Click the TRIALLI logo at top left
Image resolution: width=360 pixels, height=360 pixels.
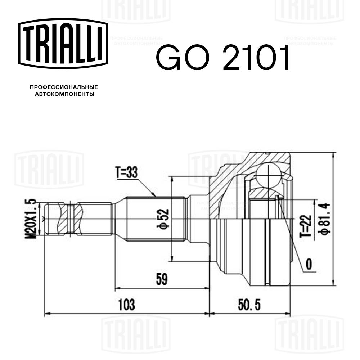[63, 44]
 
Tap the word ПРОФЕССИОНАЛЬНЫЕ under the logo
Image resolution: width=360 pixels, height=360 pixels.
[64, 87]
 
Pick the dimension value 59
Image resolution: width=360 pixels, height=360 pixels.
[162, 279]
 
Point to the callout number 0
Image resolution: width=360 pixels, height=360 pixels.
[309, 265]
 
